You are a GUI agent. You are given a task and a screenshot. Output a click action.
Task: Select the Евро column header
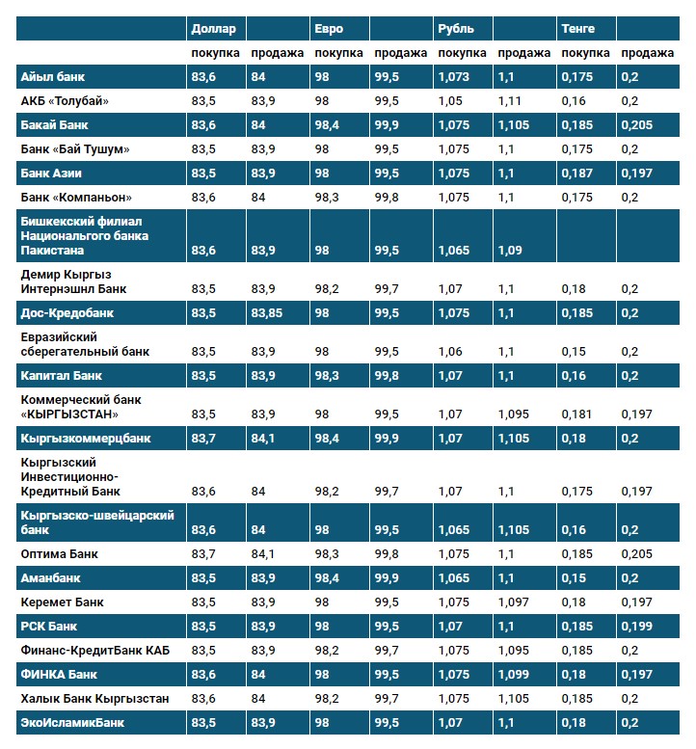[x=329, y=29]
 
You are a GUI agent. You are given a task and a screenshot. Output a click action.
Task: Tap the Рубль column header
[x=456, y=29]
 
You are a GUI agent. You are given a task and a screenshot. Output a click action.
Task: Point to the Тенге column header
[x=578, y=29]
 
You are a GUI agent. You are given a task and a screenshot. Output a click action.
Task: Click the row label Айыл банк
[x=54, y=77]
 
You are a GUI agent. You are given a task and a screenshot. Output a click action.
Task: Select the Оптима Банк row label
[x=60, y=554]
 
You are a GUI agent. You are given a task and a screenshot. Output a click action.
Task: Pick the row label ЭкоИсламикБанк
[x=73, y=722]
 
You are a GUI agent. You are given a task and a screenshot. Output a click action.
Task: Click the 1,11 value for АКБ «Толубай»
[x=510, y=101]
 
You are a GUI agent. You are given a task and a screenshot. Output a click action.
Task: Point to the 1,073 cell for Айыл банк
[x=453, y=77]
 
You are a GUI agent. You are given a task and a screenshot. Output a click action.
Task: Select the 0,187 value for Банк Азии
[x=576, y=174]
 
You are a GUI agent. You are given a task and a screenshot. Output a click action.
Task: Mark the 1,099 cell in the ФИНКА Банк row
[x=514, y=674]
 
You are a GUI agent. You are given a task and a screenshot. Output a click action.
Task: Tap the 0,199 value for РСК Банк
[x=637, y=627]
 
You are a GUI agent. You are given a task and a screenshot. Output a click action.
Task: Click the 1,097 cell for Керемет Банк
[x=514, y=602]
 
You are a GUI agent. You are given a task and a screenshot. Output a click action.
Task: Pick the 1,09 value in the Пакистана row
[x=511, y=251]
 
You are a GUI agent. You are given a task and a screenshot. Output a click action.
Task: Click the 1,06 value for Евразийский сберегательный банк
[x=449, y=352]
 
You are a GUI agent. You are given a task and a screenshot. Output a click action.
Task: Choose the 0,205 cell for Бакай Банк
[x=637, y=125]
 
